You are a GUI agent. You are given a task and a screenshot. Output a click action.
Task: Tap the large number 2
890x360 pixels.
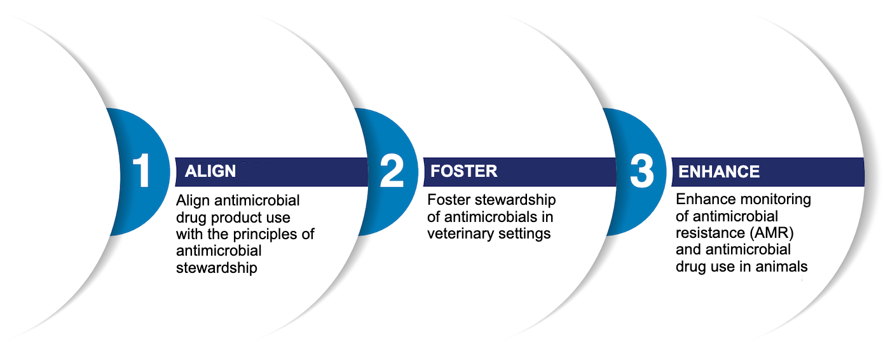392,171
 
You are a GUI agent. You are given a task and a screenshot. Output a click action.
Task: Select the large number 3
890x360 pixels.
642,171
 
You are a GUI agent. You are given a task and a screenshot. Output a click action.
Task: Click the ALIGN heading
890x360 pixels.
210,172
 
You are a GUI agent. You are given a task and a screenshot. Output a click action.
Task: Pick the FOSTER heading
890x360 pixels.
463,171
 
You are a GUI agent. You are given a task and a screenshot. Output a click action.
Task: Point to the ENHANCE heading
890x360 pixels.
718,172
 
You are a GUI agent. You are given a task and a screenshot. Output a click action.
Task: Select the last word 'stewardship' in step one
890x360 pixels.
216,268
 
